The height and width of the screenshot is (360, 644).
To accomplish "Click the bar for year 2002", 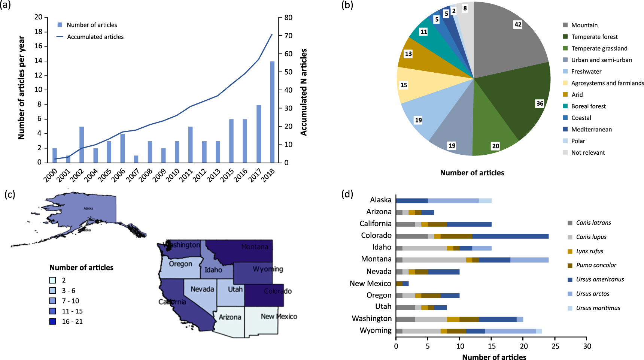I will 82,144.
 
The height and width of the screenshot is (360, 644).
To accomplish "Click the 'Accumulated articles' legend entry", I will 95,37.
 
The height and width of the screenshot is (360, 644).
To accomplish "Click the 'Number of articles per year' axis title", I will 21,88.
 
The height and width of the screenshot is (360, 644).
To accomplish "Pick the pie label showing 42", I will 518,25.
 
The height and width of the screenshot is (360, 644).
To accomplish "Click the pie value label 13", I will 408,54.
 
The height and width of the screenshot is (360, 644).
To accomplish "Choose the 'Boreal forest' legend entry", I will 588,106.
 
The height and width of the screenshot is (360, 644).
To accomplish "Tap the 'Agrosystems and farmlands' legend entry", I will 607,83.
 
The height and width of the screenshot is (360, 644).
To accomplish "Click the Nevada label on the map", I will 202,289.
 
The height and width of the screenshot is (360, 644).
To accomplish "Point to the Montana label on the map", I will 255,247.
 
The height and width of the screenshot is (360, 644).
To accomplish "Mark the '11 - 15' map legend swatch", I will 53,311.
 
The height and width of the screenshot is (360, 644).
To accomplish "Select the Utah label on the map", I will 235,289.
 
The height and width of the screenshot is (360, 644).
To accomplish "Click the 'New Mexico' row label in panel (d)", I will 370,284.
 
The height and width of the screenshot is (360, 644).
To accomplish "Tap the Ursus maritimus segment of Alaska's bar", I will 485,200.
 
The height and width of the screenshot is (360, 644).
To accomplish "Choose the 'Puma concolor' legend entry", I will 596,265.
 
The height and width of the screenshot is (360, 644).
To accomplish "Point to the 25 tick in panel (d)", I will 555,346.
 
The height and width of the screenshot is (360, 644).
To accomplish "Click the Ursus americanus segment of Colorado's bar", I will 510,236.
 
